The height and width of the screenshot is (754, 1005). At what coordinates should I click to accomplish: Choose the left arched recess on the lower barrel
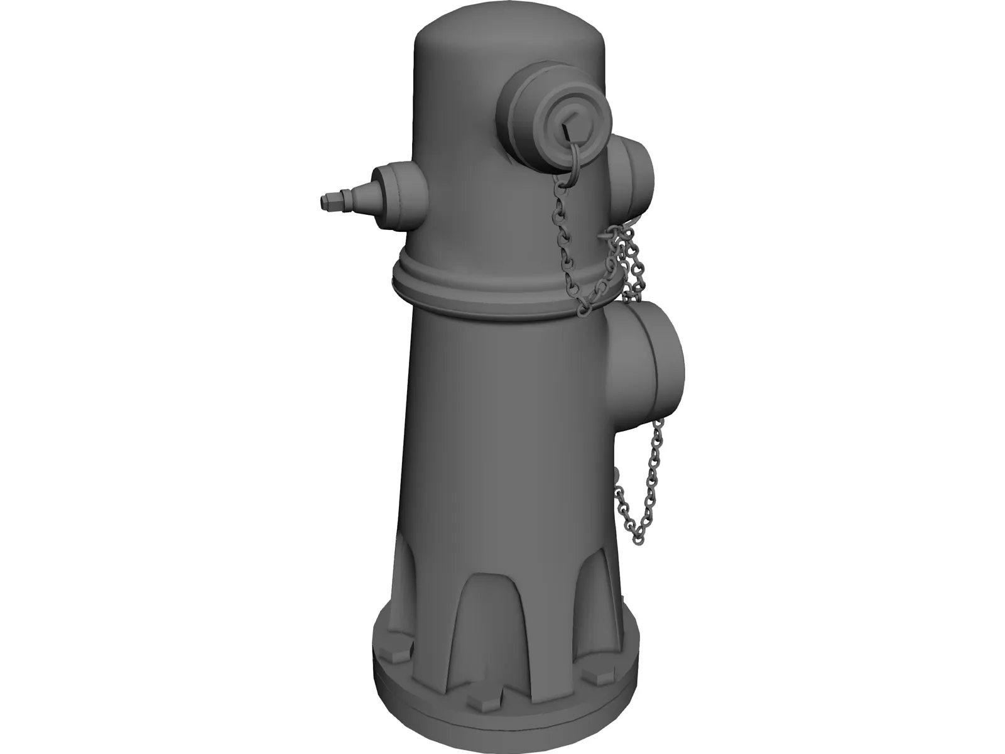coord(411,578)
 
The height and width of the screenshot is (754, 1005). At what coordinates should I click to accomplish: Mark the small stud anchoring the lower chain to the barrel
coord(616,473)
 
